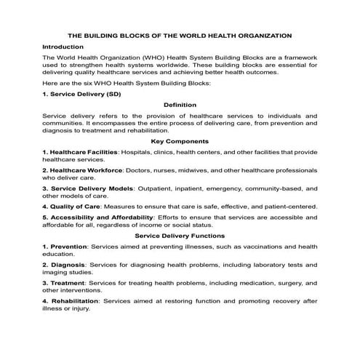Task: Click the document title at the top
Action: point(180,34)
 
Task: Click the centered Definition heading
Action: point(180,105)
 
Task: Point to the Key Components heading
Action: point(180,140)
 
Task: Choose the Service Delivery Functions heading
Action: point(180,236)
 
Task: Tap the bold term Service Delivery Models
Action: point(91,188)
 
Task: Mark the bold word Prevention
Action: point(68,247)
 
